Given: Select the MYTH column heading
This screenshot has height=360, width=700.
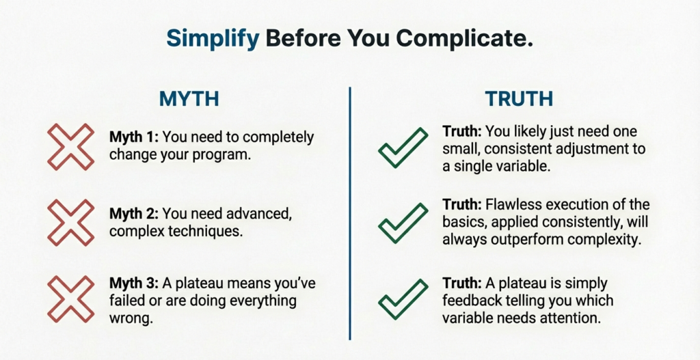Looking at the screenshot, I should (189, 98).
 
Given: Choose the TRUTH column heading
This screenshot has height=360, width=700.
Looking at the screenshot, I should (519, 98).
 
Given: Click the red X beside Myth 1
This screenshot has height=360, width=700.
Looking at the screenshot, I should (70, 146).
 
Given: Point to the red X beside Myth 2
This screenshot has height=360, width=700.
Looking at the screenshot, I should (70, 222).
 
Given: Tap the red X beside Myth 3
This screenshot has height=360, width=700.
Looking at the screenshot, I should (70, 298).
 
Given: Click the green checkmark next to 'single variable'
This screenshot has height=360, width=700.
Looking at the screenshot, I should (403, 148).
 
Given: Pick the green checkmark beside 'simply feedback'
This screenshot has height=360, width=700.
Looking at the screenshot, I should (403, 300).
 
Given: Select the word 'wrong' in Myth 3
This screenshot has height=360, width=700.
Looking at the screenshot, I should (130, 317).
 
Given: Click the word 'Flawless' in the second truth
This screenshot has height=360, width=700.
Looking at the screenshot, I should (505, 205).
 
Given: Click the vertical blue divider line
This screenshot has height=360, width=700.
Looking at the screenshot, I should (350, 212).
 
